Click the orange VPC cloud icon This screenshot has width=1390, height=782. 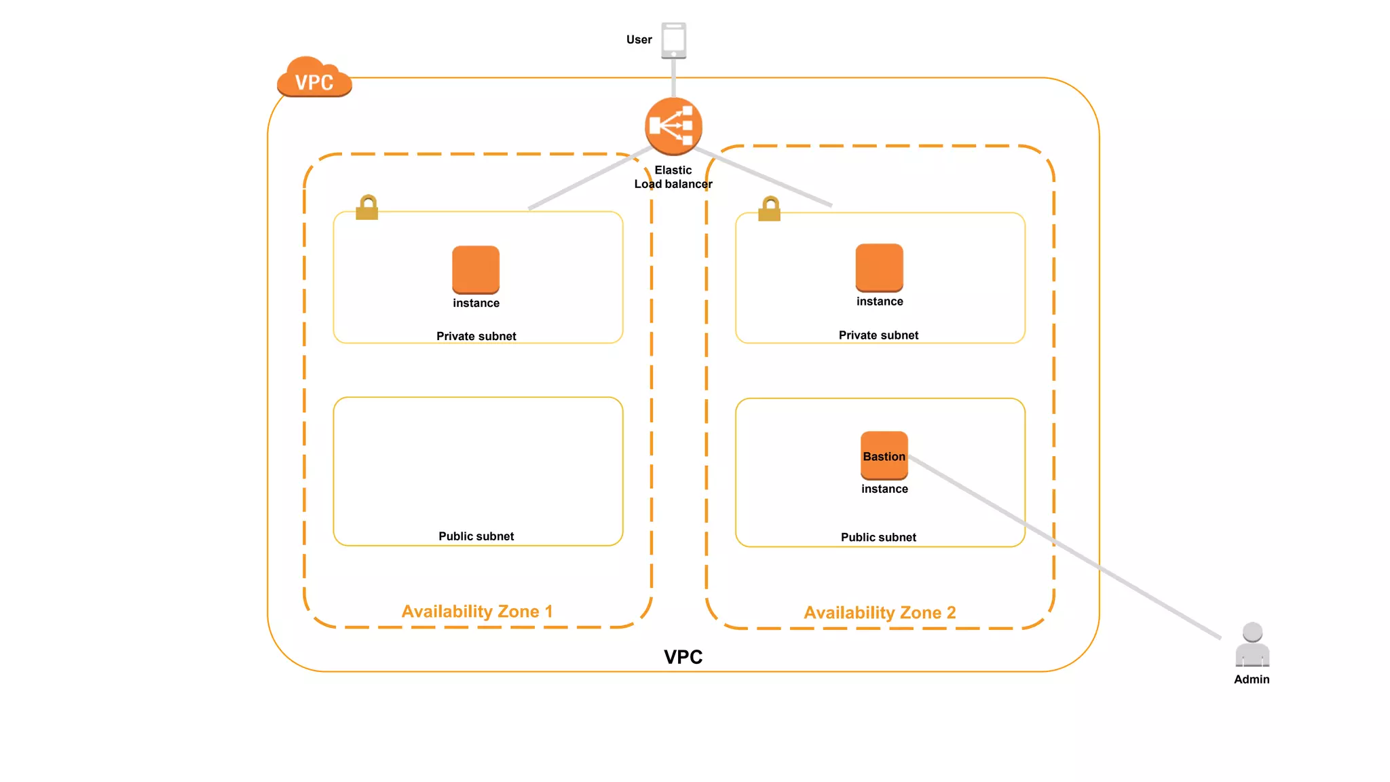tap(314, 78)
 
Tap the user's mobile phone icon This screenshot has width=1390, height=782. tap(673, 40)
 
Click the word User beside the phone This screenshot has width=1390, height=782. tap(639, 40)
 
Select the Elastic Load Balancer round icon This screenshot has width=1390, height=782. tap(673, 126)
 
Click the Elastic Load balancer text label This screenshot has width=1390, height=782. tap(673, 177)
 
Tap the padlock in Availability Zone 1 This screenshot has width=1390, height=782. tap(367, 208)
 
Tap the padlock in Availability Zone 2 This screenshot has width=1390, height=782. tap(769, 209)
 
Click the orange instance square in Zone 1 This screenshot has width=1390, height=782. tap(476, 269)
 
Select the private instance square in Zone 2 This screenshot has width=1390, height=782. tap(879, 267)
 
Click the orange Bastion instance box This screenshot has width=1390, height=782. tap(884, 455)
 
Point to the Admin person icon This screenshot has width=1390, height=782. tap(1252, 645)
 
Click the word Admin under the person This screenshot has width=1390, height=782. tap(1252, 679)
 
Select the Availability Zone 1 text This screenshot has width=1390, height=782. tap(477, 612)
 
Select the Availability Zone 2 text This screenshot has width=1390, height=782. tap(880, 613)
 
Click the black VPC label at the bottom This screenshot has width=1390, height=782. tap(683, 657)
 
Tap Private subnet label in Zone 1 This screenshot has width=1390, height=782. tap(476, 337)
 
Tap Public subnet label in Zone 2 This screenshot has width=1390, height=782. tap(878, 538)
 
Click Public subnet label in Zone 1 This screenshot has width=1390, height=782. tap(476, 536)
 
